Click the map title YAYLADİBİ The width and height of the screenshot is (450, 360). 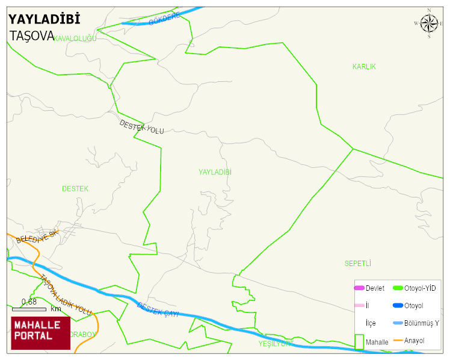pos(44,19)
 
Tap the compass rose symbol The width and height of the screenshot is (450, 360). pos(429,23)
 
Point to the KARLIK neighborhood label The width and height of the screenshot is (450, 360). pos(364,67)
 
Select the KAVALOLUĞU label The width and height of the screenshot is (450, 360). pos(75,39)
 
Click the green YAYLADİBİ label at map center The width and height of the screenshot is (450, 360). pos(215,172)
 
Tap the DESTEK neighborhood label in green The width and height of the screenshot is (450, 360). pos(75,189)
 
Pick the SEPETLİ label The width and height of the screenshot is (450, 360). pos(357,264)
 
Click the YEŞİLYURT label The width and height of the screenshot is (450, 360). pos(276,344)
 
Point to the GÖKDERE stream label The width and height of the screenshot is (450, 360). pos(164,19)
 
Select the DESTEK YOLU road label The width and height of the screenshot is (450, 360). pos(141,126)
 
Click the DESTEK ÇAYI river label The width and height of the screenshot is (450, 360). pos(158,310)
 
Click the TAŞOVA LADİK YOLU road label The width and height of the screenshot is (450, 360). pos(66,296)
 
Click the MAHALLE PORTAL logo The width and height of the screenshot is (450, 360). pos(41,333)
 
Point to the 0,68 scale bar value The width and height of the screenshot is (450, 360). pos(29,302)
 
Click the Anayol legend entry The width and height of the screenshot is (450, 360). pos(414,341)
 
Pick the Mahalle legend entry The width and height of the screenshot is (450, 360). pos(377,342)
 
